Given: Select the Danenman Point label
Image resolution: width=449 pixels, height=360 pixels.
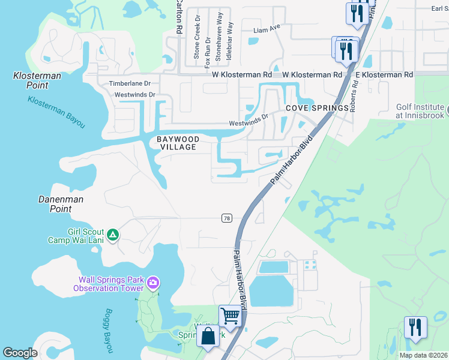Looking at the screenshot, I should (61, 204).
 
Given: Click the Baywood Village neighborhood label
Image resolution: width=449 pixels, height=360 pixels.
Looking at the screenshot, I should (176, 143).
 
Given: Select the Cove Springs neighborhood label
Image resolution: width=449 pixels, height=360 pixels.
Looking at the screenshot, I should (317, 108).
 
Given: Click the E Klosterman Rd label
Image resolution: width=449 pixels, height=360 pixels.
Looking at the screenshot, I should (384, 75).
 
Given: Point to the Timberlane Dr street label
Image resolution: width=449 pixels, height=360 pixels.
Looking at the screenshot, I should (129, 85).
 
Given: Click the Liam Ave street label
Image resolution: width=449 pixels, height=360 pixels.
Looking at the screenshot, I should (267, 28).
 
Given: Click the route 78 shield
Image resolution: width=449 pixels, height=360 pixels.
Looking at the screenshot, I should (226, 218).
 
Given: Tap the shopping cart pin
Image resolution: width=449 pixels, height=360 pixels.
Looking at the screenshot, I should (230, 315).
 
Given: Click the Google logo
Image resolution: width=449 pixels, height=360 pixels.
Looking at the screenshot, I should (20, 353).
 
